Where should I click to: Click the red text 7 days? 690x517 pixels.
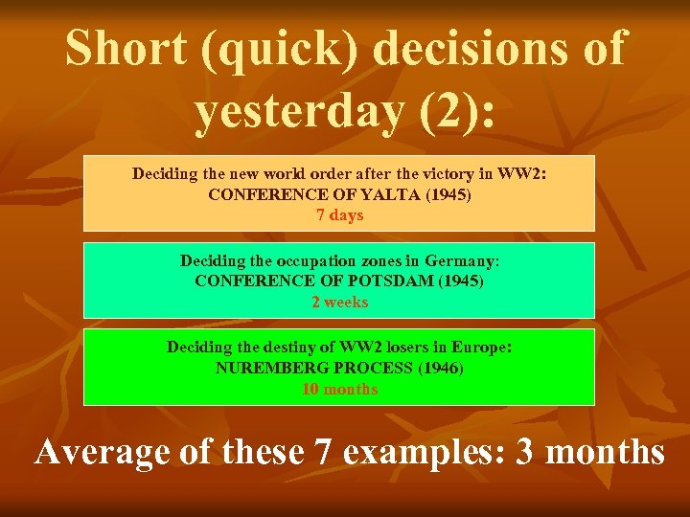point(340,214)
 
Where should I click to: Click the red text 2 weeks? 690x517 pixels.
point(339,302)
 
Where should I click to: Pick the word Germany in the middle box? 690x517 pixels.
point(462,260)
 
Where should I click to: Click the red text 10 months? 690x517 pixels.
point(339,389)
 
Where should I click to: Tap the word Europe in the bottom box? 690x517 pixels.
point(485,347)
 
